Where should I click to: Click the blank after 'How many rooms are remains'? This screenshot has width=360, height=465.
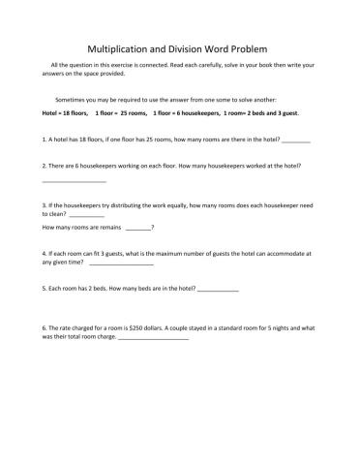coord(137,228)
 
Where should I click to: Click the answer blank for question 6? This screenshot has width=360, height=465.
coord(153,337)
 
